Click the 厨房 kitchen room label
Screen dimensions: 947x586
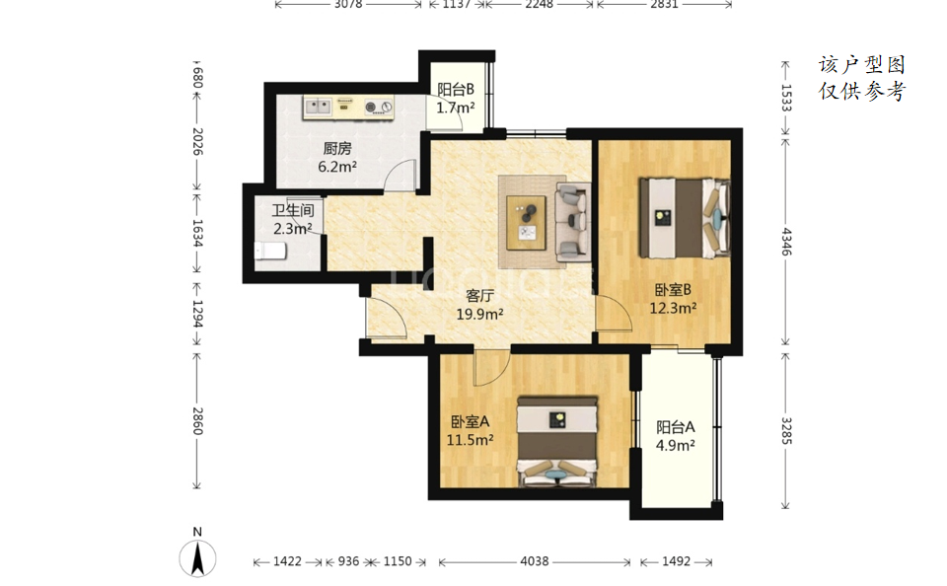tap(337, 148)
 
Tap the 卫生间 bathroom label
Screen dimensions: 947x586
tap(292, 210)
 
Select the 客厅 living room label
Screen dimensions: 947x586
tap(480, 295)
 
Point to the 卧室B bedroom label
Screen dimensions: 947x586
tap(673, 290)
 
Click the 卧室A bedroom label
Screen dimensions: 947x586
tap(470, 421)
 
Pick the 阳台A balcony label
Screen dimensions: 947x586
tap(675, 427)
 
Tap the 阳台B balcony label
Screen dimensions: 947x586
tap(456, 90)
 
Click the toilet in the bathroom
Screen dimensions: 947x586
tap(270, 251)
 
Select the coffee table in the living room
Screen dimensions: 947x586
tap(526, 222)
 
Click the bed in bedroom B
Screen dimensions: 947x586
tap(685, 217)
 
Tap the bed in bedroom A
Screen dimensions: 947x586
tap(557, 441)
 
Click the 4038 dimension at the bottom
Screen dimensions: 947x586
tap(535, 561)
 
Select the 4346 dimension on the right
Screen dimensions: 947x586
tap(786, 241)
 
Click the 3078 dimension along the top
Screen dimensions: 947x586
tap(348, 4)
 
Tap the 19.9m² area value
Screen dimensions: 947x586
tap(480, 314)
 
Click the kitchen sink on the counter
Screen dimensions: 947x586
tap(318, 107)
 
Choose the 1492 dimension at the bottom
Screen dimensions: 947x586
tap(676, 561)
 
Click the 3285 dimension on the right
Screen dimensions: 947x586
tap(786, 430)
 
